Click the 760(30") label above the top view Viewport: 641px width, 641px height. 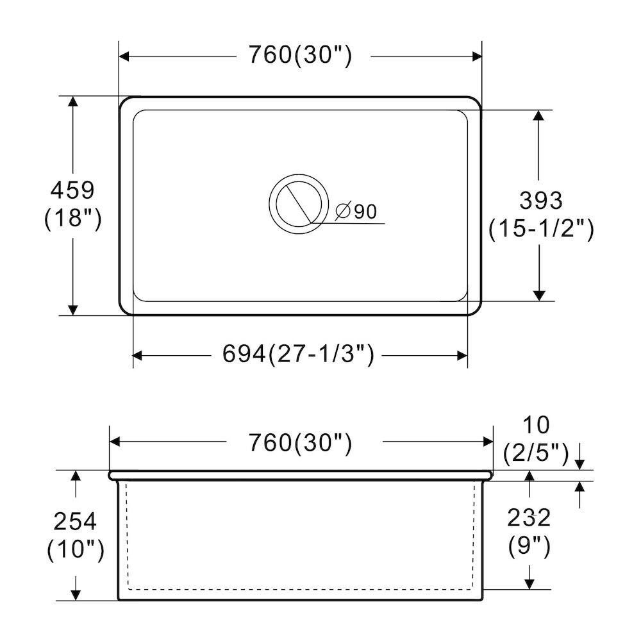(300, 56)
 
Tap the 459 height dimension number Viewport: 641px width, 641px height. (72, 190)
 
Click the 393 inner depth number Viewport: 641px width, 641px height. (540, 200)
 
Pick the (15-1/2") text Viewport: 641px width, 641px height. (540, 229)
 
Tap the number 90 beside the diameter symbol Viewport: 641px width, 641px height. (365, 211)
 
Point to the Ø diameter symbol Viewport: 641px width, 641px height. (343, 211)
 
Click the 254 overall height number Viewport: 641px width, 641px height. (75, 521)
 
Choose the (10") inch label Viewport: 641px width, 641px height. (75, 550)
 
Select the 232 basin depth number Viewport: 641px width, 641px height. (529, 517)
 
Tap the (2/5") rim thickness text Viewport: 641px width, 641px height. (536, 453)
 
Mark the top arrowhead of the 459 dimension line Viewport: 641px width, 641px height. (74, 103)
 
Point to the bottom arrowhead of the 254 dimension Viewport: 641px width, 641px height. (76, 595)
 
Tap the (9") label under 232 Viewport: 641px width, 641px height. (529, 546)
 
